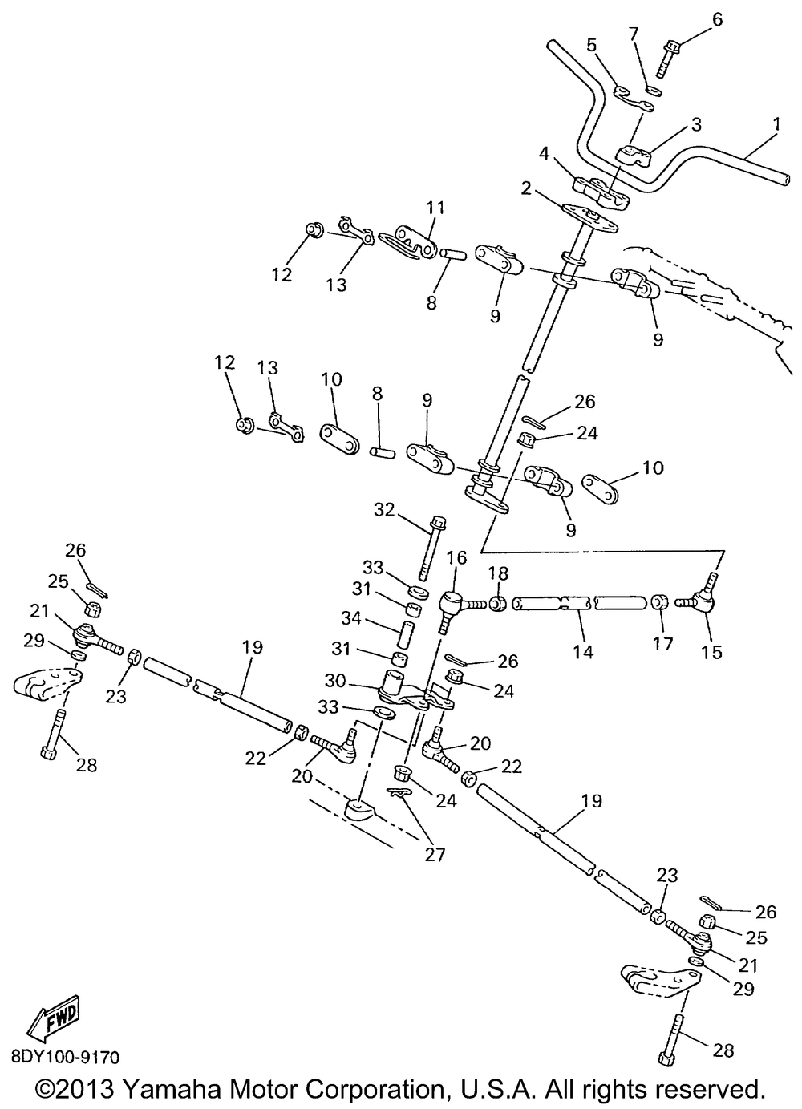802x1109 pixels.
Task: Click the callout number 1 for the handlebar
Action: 776,124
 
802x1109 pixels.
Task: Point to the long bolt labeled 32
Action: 431,548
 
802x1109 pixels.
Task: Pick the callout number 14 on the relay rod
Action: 583,652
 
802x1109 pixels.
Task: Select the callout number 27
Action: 435,854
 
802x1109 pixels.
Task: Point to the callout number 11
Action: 435,208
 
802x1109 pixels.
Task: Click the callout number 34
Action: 352,618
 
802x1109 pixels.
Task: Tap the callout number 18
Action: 498,573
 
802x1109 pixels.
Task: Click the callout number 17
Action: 663,644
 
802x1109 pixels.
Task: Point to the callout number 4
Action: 544,154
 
